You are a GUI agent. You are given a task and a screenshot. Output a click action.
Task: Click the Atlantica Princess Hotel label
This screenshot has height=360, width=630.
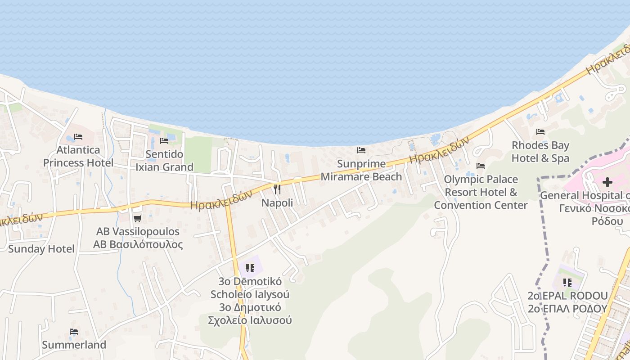tap(78, 156)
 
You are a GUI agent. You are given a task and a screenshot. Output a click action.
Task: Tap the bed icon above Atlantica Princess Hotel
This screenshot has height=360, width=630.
tap(78, 136)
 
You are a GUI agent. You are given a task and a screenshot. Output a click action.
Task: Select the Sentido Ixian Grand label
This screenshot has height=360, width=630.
tap(165, 161)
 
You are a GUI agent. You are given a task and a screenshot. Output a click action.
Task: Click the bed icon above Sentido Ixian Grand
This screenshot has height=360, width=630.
tap(164, 141)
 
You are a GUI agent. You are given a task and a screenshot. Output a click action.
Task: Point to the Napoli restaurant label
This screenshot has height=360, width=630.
tap(277, 203)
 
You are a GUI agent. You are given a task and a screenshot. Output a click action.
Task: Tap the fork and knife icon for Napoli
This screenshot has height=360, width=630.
tap(277, 189)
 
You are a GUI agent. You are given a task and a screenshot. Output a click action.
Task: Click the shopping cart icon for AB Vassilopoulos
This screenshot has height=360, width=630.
tap(137, 218)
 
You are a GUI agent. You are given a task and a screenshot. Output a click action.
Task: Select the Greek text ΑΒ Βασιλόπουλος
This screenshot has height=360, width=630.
tap(138, 245)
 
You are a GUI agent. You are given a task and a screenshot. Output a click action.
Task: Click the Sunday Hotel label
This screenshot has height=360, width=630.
tap(41, 249)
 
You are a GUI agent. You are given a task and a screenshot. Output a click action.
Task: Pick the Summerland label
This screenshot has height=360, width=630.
tap(74, 345)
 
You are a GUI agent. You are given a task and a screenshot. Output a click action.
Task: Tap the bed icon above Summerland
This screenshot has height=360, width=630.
tap(74, 332)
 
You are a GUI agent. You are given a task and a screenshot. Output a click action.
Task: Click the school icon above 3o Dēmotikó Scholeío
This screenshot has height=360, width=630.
tap(250, 268)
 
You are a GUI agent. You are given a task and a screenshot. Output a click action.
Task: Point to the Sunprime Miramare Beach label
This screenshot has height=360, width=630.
tap(361, 170)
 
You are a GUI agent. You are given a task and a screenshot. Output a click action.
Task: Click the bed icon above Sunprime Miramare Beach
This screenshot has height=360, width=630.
tap(361, 150)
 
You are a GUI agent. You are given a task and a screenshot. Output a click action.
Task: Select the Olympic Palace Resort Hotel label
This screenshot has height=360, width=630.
tap(481, 192)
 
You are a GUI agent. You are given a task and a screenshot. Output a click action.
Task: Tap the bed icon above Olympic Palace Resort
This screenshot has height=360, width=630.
tap(481, 166)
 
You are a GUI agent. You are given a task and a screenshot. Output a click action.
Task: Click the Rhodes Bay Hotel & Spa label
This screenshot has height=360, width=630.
tap(540, 152)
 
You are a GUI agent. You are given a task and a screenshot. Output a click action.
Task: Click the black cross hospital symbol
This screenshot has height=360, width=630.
tap(607, 182)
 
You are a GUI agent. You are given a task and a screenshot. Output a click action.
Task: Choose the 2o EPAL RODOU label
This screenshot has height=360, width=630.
tap(567, 296)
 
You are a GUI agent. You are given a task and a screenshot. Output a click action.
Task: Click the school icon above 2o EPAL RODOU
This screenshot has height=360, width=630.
tap(567, 283)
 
